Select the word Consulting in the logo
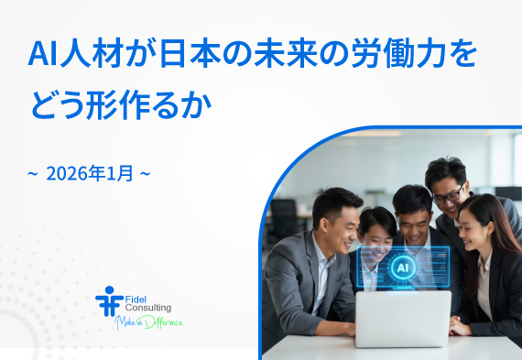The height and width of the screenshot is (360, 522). [x=147, y=308]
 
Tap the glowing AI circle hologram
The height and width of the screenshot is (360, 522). [x=402, y=267]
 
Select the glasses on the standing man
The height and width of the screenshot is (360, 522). [x=448, y=196]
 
